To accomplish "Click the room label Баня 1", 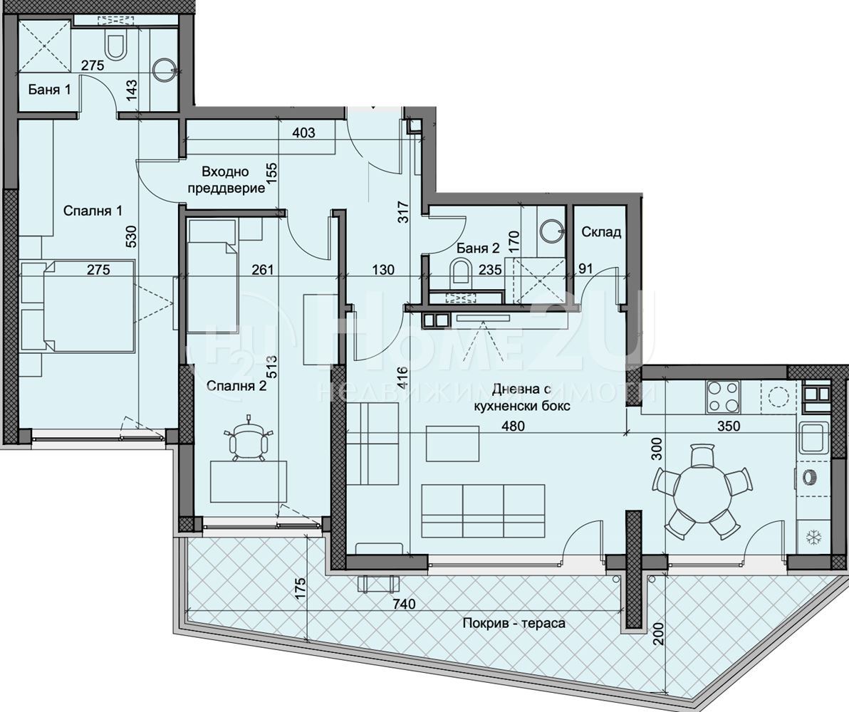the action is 49,89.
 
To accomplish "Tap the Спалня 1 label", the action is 93,211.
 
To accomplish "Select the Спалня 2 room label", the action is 238,386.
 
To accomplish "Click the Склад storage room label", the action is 601,232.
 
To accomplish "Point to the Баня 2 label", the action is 478,248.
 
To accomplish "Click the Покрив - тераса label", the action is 514,623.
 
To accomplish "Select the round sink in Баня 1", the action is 163,68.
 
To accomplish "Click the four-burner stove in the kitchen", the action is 724,397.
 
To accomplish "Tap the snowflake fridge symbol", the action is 812,538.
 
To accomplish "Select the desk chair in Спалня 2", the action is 247,439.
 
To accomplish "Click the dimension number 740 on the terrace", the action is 405,603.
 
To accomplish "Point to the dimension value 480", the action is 513,426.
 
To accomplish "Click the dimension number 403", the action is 303,132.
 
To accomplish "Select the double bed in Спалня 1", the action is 78,306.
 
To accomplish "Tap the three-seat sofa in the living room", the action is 483,511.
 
